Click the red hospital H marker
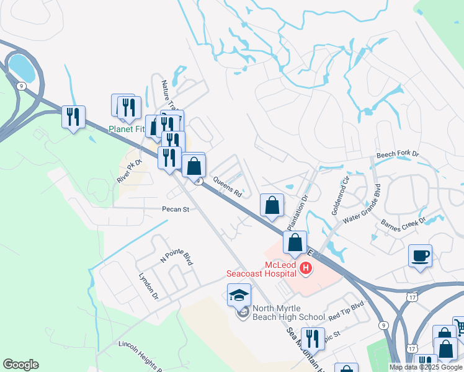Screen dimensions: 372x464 (x=305, y=268)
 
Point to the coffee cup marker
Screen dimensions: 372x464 (x=420, y=255)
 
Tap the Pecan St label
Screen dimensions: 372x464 (x=176, y=210)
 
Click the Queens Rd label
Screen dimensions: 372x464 (x=227, y=186)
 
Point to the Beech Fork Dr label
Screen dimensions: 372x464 (x=398, y=154)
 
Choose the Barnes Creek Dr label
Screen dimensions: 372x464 (x=403, y=222)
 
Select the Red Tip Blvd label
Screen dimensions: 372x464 (x=346, y=311)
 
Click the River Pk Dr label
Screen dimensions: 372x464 (x=130, y=171)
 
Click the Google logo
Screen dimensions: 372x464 (x=20, y=365)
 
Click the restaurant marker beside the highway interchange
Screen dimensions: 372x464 (x=74, y=117)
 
